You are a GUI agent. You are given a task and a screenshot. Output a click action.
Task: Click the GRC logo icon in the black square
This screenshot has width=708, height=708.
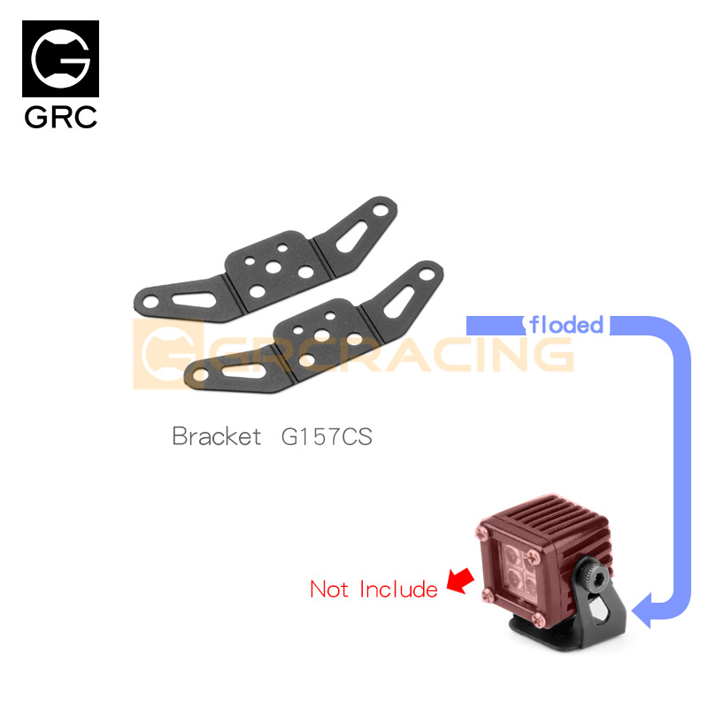60,59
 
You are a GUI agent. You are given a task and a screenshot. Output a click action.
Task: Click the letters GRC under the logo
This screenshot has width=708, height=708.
60,117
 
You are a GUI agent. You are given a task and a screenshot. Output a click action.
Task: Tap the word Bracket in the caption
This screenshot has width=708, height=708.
217,436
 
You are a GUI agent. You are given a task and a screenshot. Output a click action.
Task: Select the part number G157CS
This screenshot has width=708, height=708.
326,436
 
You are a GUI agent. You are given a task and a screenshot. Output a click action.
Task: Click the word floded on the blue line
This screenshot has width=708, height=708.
566,325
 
